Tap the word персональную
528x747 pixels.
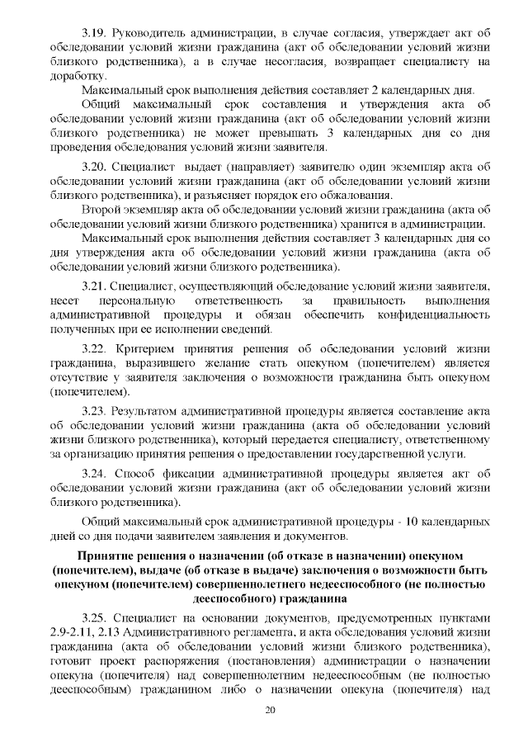[134, 300]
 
